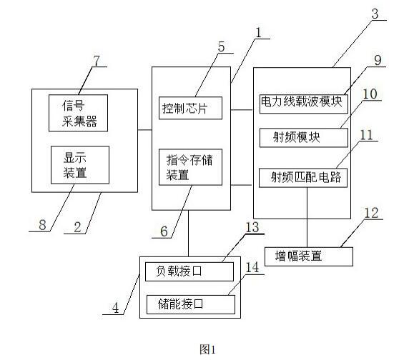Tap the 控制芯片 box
pyautogui.click(x=189, y=109)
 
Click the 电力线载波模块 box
pyautogui.click(x=302, y=102)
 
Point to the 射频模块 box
pyautogui.click(x=302, y=137)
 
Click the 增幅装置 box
pyautogui.click(x=309, y=255)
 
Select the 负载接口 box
pyautogui.click(x=189, y=272)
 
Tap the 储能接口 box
pyautogui.click(x=189, y=304)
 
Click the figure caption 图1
pyautogui.click(x=207, y=349)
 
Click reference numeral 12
pyautogui.click(x=372, y=214)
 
